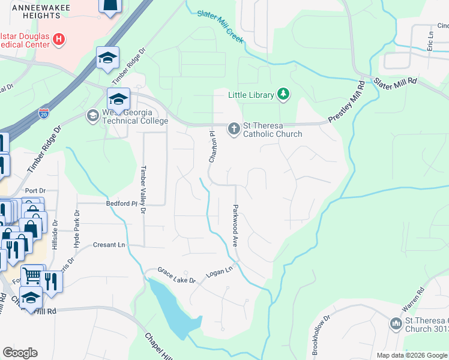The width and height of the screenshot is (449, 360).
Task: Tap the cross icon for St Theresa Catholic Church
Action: (x=234, y=128)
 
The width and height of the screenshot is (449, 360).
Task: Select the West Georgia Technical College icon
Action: (x=92, y=115)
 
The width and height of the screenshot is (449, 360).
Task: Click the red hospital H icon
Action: (x=59, y=40)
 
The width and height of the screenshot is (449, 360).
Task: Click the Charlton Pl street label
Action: (x=211, y=147)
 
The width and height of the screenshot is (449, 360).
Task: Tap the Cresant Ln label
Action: (x=109, y=245)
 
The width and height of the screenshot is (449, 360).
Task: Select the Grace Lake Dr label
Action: (x=176, y=276)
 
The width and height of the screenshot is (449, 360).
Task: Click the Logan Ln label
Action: (x=219, y=271)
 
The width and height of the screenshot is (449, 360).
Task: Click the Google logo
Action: (x=20, y=352)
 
